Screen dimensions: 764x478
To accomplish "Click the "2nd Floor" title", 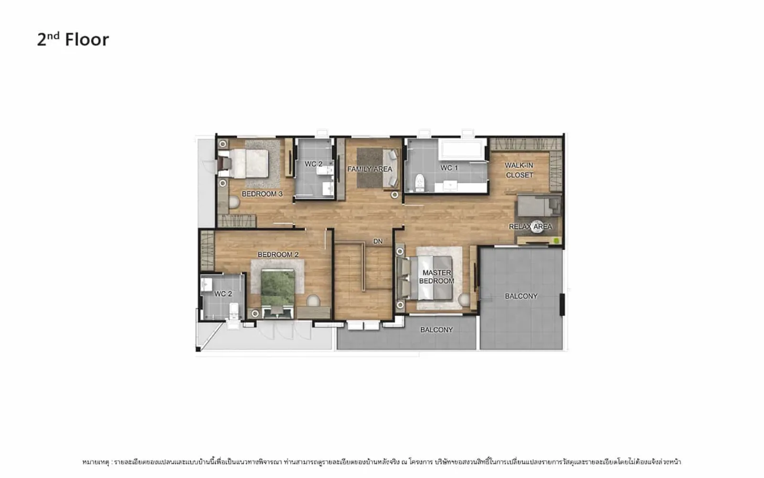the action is click(x=73, y=39).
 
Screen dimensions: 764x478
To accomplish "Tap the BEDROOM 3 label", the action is click(x=262, y=194).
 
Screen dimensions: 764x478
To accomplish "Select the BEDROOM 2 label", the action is click(x=278, y=255).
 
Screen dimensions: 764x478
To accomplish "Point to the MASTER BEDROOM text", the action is click(x=436, y=277).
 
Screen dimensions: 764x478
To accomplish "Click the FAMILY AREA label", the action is click(x=370, y=169).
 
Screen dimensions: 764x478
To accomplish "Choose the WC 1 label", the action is click(x=449, y=168).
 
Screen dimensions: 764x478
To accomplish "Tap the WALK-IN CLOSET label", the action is click(x=519, y=170).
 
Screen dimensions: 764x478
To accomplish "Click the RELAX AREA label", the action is click(x=531, y=227).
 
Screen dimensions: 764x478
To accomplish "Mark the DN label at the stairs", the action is click(x=378, y=241).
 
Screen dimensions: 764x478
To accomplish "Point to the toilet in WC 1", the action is click(x=420, y=182).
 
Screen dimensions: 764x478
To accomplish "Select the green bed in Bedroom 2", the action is click(x=277, y=289).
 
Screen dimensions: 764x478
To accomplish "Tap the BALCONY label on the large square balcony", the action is click(x=521, y=296).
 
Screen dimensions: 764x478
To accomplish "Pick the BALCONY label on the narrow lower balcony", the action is click(x=436, y=330).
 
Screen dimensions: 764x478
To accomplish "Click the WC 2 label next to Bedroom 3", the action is click(x=313, y=164).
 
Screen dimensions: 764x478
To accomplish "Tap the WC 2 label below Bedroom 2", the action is click(x=223, y=294).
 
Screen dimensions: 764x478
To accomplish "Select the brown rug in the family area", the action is click(x=370, y=168).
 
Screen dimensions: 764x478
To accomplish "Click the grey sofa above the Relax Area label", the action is click(x=538, y=205).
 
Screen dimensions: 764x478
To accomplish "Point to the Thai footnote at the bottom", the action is click(x=382, y=462).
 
